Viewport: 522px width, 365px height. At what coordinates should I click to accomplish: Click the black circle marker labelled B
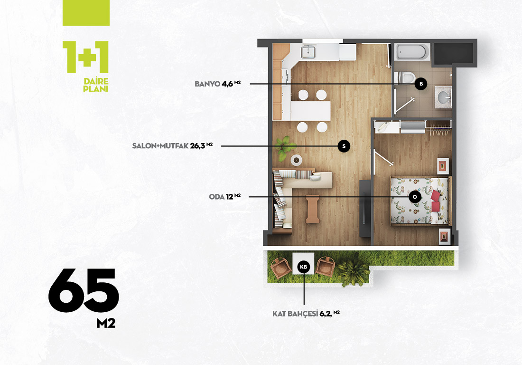coord(421,84)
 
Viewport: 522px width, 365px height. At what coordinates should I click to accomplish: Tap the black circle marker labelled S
coord(344,146)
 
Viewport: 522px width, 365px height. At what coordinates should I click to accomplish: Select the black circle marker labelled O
coord(415,197)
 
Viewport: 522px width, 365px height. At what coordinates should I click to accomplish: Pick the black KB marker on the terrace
coord(304,267)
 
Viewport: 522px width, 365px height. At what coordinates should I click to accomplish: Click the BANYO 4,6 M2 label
coord(218,83)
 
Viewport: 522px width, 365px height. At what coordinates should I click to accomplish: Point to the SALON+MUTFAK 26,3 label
coord(172,145)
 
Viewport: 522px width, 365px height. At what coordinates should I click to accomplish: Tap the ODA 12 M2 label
coord(225,197)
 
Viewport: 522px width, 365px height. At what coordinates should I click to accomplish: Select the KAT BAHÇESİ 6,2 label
coord(306,314)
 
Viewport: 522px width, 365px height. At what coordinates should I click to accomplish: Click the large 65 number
coord(83,291)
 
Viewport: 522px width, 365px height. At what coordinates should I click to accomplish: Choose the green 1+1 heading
coord(85,57)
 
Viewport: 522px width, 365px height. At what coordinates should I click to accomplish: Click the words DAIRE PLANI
coord(96,85)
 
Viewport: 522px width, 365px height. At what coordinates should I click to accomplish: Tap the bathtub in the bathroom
coord(411,52)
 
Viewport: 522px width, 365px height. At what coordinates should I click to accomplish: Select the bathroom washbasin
coord(443,97)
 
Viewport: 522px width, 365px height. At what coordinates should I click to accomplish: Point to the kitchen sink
coord(308,52)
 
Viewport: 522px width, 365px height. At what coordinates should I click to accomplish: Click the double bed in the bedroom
coord(420,200)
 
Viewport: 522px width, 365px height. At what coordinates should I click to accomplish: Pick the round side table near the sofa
coord(296,160)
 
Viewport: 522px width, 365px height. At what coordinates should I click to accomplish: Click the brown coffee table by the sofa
coord(313,209)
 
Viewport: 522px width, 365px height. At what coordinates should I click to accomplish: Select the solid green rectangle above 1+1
coord(86,13)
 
